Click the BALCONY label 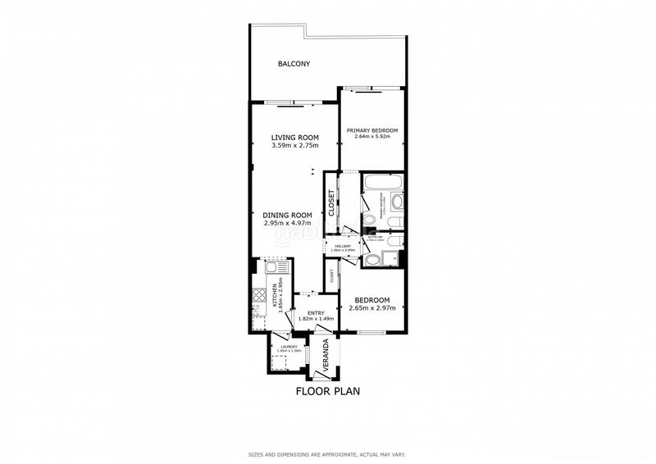point(294,64)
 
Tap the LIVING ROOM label point(294,137)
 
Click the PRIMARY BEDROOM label point(371,130)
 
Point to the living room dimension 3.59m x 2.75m point(294,146)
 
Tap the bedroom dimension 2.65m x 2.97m point(372,308)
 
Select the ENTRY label point(316,312)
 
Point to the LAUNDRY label point(288,347)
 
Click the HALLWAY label point(342,245)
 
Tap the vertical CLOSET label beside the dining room point(331,203)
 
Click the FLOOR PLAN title point(327,391)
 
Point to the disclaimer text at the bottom point(327,453)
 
